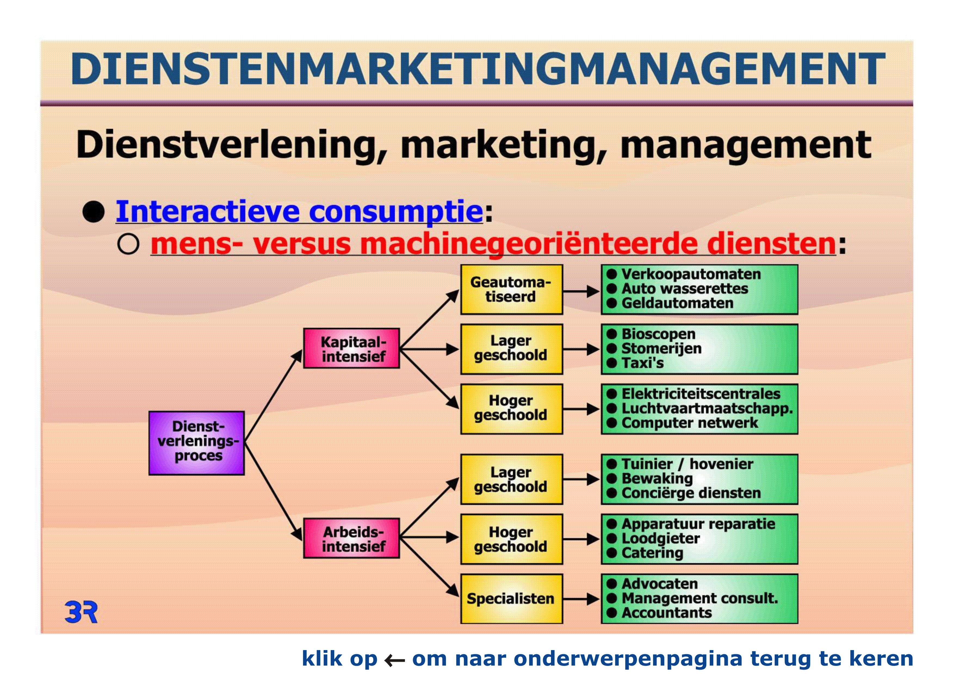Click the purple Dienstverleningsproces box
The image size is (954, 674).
coord(197,443)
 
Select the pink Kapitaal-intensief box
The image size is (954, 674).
coord(352,348)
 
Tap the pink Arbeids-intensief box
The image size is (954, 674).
coord(352,538)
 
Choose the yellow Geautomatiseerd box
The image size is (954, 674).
coord(512,289)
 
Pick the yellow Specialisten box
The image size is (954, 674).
coord(512,598)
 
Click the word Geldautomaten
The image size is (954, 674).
coord(677,303)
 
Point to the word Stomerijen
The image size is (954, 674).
coord(661,348)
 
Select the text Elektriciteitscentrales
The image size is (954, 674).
coord(701,394)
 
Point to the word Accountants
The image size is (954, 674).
coord(667,613)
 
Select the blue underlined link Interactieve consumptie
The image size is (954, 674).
coord(299,212)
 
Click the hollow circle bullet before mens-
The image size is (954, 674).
coord(128,244)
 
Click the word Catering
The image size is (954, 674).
coord(652,553)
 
